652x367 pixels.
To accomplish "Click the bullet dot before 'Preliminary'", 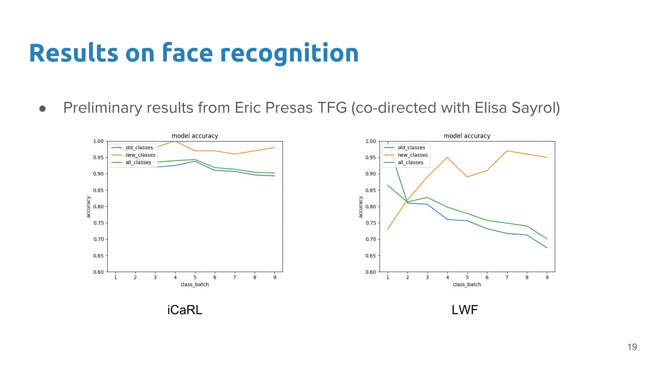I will pos(42,109).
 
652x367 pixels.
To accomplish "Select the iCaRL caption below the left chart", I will pos(185,310).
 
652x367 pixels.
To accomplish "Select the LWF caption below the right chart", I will pos(464,310).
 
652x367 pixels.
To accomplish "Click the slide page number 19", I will pos(632,347).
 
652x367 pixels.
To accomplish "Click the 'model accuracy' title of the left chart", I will pos(195,136).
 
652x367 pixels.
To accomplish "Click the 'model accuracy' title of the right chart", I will pos(467,136).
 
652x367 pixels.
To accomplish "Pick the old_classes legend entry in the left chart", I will pos(139,148).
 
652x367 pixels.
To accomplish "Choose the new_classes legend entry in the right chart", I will pos(412,155).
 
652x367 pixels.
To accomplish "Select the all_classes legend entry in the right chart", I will pos(410,162).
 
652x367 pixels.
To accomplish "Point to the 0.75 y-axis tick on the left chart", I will pos(98,223).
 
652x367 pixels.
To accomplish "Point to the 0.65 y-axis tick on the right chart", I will pos(371,256).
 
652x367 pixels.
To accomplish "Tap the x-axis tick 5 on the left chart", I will pos(195,277).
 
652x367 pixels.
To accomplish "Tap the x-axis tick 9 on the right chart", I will pos(547,277).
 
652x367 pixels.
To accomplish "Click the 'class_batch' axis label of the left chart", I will pos(195,284).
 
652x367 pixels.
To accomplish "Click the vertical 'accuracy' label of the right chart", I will pos(361,207).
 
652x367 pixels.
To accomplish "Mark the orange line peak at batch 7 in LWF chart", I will pos(507,151).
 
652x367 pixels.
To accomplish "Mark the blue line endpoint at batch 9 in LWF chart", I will pos(547,248).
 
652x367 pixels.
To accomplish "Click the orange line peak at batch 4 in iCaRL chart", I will pos(175,141).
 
